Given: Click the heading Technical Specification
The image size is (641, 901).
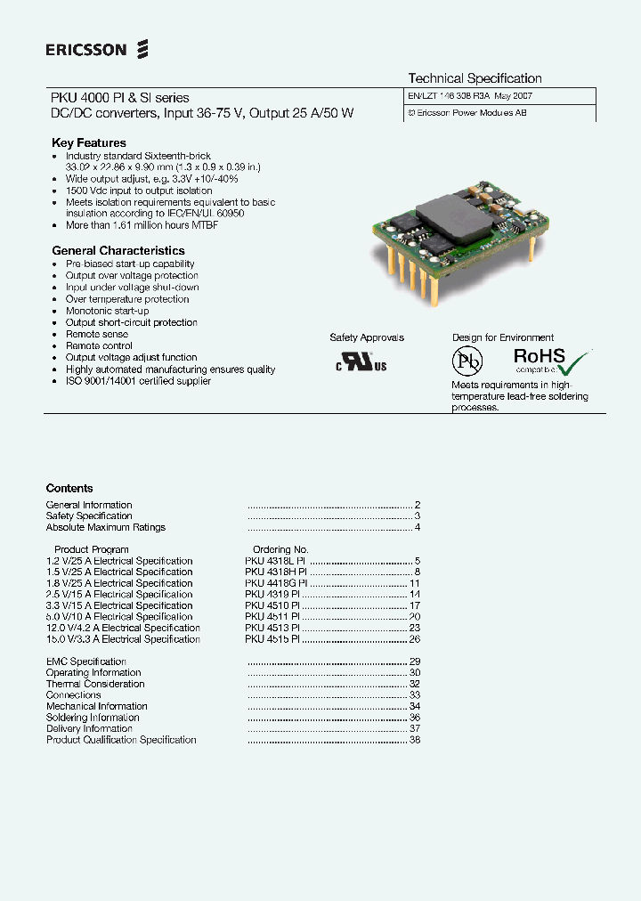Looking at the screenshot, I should (475, 78).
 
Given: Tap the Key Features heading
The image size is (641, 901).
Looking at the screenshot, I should (89, 142).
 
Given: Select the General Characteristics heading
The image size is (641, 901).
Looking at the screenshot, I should (118, 251).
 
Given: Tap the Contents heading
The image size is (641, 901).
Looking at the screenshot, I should (69, 488).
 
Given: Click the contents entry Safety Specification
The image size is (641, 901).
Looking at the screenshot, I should (89, 516).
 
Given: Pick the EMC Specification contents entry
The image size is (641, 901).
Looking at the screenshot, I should (86, 662).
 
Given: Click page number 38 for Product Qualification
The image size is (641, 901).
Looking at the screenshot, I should (415, 740).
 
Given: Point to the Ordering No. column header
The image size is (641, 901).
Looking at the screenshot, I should (280, 550).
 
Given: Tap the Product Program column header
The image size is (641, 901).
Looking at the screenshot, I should (92, 550).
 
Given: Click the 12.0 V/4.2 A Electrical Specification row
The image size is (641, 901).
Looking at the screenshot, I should (123, 628).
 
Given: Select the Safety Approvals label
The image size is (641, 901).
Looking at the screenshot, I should (367, 337).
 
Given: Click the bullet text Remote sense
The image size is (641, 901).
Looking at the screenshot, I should (97, 334).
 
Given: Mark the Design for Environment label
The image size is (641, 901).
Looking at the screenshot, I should (503, 337).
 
